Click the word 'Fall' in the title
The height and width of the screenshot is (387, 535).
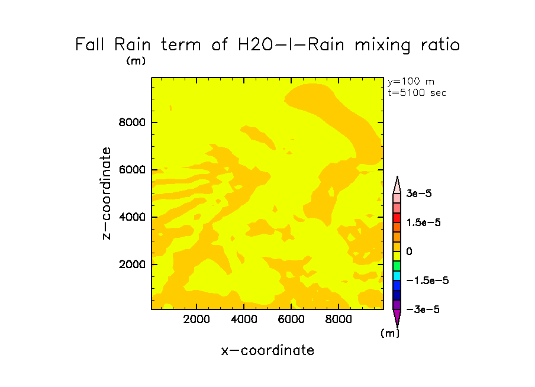coord(91,45)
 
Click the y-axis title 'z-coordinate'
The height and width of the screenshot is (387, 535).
coord(107,193)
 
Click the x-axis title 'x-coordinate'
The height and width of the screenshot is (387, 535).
coord(267,350)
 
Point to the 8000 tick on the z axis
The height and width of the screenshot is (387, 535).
coord(133,123)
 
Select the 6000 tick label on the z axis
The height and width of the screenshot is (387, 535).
coord(133,170)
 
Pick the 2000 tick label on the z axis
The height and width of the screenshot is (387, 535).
coord(133,265)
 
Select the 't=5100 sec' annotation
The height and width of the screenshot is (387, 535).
coord(417,92)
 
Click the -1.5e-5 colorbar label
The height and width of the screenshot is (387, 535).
coord(427,280)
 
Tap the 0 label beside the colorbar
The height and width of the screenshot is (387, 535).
coord(408,251)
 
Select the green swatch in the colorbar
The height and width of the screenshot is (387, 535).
coord(397,266)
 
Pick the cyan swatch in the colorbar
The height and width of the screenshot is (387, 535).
coord(397,276)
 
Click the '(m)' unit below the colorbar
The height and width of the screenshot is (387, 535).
coord(389,333)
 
